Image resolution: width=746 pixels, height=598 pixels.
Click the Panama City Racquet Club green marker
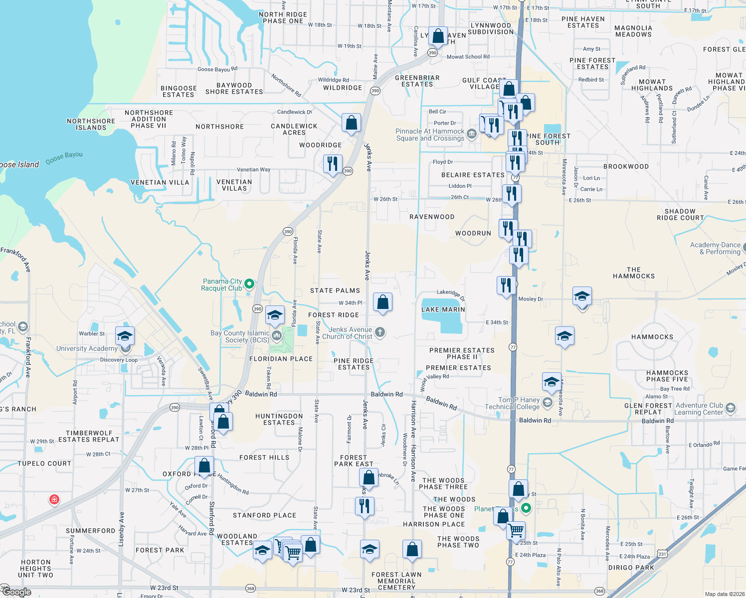(249, 284)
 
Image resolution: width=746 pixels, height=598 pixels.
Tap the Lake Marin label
(443, 309)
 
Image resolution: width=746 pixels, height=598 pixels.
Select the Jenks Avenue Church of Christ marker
(379, 332)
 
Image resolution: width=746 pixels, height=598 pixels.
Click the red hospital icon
(54, 499)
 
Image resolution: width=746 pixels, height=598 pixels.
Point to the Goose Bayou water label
(64, 157)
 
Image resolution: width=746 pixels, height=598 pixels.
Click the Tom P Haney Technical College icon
(548, 402)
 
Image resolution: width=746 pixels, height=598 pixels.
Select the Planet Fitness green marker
(526, 508)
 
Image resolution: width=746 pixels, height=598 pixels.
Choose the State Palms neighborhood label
(335, 291)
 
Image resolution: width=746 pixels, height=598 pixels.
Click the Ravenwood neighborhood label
(432, 217)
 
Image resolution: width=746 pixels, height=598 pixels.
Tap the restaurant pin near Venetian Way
(332, 164)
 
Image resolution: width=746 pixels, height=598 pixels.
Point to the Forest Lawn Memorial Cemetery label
(396, 581)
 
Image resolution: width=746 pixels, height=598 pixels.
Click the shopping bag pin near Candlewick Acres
(351, 123)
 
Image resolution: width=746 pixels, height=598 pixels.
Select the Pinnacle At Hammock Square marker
(471, 135)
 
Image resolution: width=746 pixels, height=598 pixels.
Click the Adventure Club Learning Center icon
(730, 408)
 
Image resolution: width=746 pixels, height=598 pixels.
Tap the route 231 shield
(662, 554)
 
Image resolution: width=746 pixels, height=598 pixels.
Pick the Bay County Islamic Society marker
(277, 336)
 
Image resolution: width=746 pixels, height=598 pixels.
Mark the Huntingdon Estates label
(279, 419)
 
